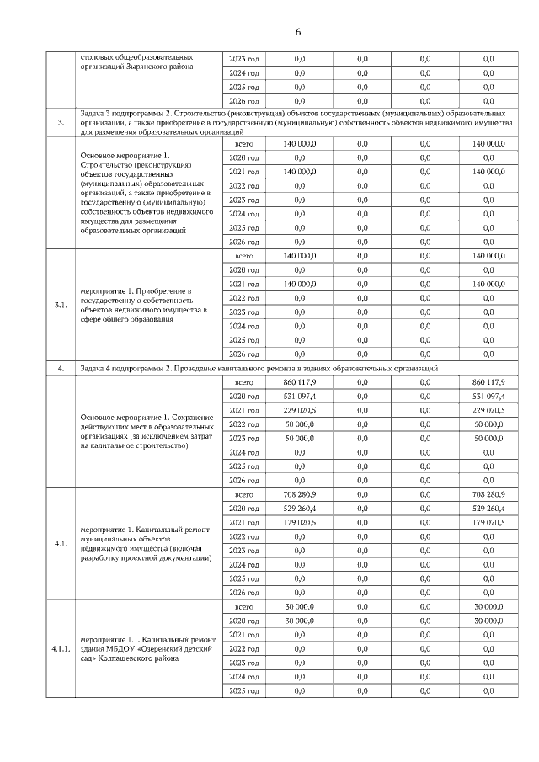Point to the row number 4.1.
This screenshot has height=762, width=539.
(x=60, y=543)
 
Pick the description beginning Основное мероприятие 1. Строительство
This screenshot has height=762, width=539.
(x=142, y=192)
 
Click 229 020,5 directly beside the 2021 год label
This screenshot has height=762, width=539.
(x=300, y=410)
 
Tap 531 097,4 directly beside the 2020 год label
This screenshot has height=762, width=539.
(x=300, y=396)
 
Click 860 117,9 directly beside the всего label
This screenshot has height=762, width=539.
(x=300, y=381)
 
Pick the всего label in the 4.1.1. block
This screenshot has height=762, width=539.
(x=244, y=606)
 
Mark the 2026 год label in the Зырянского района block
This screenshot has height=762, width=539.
(x=244, y=101)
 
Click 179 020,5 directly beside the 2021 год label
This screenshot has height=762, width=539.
(x=300, y=522)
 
